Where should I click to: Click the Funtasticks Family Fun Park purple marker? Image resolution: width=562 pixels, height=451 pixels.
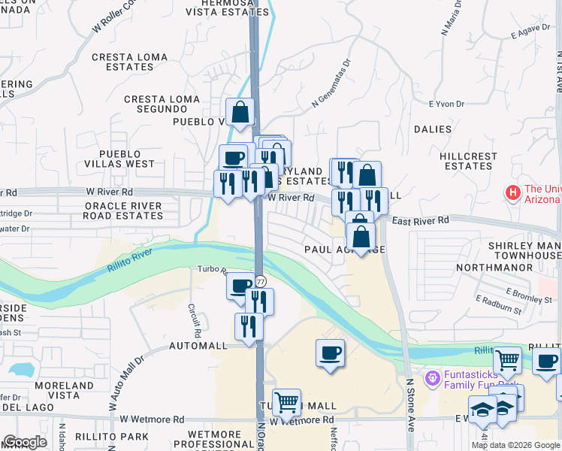click(x=431, y=376)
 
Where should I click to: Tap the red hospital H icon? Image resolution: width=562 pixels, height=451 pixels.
click(x=513, y=193)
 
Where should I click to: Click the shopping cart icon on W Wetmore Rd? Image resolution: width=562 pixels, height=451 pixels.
click(x=286, y=403)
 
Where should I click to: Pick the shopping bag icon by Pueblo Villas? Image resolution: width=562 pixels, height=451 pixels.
click(x=240, y=114)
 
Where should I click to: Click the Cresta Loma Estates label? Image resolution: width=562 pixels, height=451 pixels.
click(x=129, y=62)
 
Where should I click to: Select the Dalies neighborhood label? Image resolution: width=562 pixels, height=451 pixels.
click(x=433, y=129)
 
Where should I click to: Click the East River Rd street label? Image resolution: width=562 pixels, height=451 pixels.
click(x=420, y=220)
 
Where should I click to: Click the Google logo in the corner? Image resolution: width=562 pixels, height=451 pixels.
click(x=25, y=442)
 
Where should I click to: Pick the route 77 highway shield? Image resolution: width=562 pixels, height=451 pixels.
click(x=260, y=281)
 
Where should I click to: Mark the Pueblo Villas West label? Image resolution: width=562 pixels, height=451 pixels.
click(x=116, y=159)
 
